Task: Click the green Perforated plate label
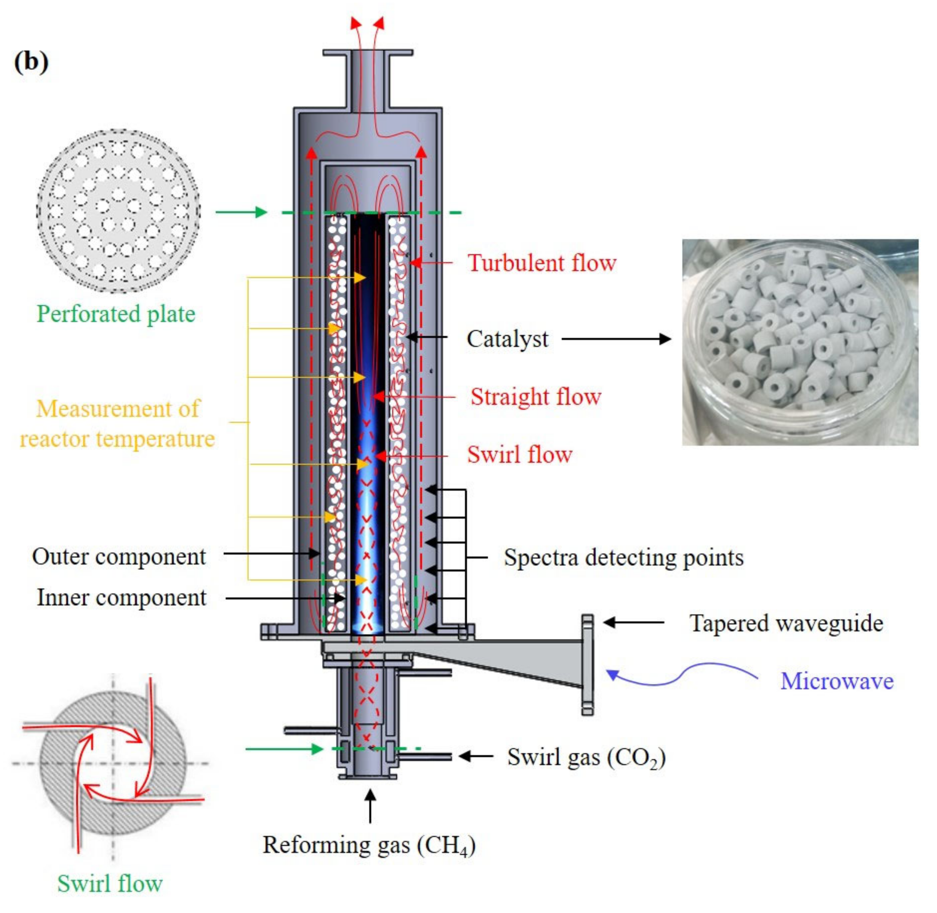[116, 314]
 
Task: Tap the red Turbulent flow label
[542, 263]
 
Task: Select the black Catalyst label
[507, 339]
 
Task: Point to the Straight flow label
[535, 397]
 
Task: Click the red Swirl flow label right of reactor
[520, 455]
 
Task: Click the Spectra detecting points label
[623, 558]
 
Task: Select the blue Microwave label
[837, 681]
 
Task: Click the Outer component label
[119, 557]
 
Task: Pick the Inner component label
[121, 598]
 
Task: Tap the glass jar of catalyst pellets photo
[800, 342]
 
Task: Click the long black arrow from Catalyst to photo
[616, 339]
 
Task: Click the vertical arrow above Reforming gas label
[370, 806]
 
